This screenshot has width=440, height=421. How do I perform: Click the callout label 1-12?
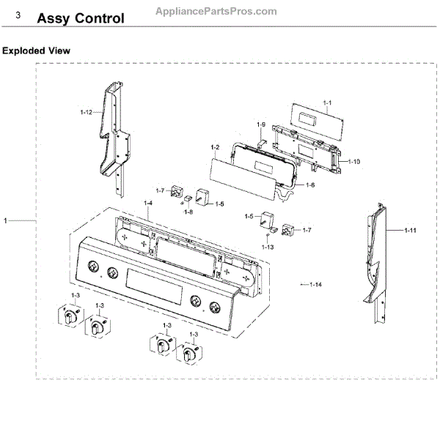coord(86,112)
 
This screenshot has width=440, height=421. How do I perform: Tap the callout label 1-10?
coord(353,160)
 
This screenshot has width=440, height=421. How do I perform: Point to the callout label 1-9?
coord(260,125)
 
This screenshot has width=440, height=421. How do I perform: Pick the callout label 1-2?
coord(215,148)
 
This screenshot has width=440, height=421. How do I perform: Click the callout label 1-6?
coord(310,185)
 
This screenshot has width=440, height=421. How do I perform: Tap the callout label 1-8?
coord(188,212)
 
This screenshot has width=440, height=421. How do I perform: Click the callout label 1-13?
coord(268,247)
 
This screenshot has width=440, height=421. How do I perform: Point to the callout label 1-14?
coord(316,283)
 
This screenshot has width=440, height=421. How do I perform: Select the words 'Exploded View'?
coord(37,51)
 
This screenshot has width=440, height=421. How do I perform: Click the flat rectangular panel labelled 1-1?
coord(307,116)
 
